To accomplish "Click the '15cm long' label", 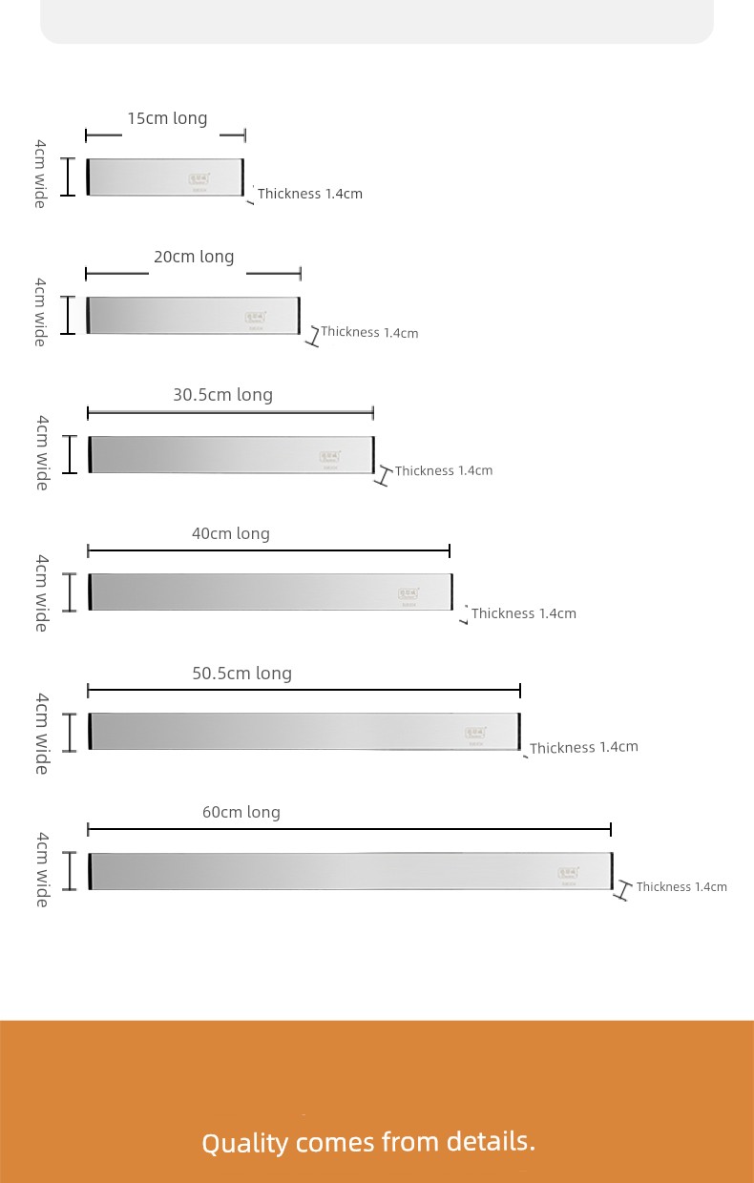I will [167, 118].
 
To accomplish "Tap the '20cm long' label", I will [194, 257].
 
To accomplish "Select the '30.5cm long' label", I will [222, 395].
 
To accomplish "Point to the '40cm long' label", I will [231, 533].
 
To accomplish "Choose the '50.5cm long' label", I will [241, 674].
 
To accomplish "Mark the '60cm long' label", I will [241, 813].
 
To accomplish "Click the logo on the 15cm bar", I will [199, 177].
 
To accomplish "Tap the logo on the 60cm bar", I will [568, 873].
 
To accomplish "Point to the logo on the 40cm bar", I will [408, 594].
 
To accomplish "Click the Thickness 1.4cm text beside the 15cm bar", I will [310, 194].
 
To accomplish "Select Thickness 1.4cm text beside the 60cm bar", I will [681, 887].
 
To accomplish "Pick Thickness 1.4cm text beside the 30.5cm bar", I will [444, 470].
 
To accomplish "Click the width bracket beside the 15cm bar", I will [68, 177].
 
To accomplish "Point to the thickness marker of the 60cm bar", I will [622, 890].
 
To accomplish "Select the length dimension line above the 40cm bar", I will [268, 550].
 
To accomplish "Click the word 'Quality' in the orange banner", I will [244, 1143].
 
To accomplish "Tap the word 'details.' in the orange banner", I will [491, 1141].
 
